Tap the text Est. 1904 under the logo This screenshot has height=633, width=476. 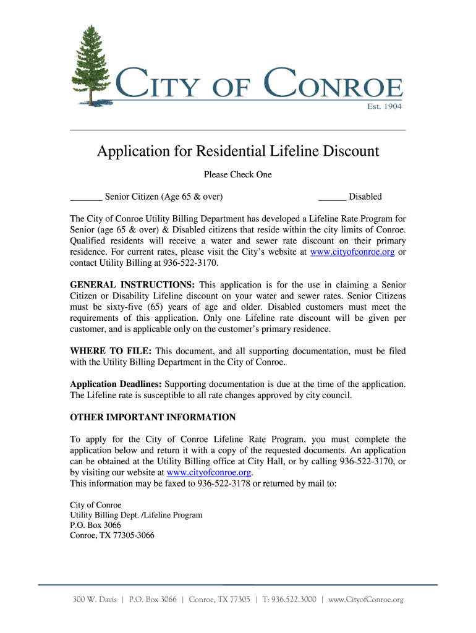(385, 106)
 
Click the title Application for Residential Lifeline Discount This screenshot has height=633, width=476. (238, 151)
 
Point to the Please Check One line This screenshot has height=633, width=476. (238, 175)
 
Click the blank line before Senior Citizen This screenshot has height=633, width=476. (86, 198)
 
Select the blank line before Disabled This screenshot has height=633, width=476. (332, 198)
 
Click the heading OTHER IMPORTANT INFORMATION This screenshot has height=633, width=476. (153, 417)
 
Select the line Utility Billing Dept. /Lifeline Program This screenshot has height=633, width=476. (136, 515)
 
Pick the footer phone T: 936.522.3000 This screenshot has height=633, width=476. (289, 600)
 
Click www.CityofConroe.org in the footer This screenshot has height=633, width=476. (366, 600)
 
